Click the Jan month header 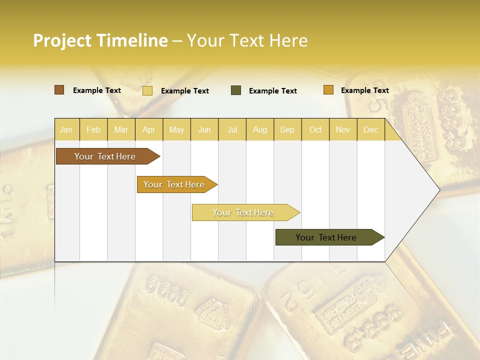click(66, 129)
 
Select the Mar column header click(121, 129)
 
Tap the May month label click(176, 129)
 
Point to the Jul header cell click(232, 129)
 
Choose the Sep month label click(287, 129)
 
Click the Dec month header click(370, 129)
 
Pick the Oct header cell click(315, 129)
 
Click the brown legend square click(59, 90)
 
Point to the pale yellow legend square click(147, 90)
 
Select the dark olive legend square click(236, 90)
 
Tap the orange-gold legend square click(328, 90)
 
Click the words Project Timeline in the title click(100, 40)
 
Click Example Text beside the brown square click(97, 90)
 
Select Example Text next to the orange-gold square click(365, 90)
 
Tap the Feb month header click(93, 129)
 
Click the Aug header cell click(259, 129)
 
